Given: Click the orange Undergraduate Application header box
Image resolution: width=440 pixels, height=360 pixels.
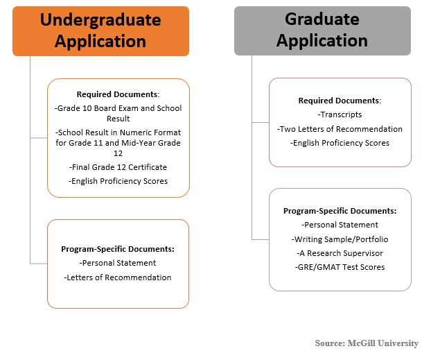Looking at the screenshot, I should pyautogui.click(x=100, y=31).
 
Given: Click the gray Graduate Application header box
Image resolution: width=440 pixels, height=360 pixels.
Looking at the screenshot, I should pyautogui.click(x=322, y=31).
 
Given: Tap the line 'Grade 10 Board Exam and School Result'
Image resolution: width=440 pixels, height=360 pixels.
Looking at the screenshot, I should pyautogui.click(x=118, y=113).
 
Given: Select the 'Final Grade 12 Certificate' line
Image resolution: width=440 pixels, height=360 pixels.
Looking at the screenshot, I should pyautogui.click(x=118, y=167).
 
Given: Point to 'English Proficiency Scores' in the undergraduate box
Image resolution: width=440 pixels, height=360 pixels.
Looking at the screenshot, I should pyautogui.click(x=118, y=181).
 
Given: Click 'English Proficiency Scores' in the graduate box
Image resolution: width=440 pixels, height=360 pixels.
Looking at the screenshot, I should pyautogui.click(x=340, y=143).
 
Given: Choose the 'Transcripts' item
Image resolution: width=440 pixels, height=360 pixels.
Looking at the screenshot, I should pyautogui.click(x=340, y=114).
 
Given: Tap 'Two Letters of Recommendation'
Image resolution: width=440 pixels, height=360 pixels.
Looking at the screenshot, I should pyautogui.click(x=340, y=129).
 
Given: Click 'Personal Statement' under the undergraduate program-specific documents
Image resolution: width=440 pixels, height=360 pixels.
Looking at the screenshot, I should pyautogui.click(x=118, y=263).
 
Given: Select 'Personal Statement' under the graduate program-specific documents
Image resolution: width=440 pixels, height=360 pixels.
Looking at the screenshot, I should pyautogui.click(x=340, y=225).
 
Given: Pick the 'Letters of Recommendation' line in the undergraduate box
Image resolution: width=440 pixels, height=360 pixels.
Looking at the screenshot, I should pyautogui.click(x=118, y=277).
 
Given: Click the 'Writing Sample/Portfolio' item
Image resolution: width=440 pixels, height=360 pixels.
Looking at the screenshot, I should pyautogui.click(x=340, y=239).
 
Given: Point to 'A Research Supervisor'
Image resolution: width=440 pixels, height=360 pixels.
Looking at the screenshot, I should pyautogui.click(x=340, y=253).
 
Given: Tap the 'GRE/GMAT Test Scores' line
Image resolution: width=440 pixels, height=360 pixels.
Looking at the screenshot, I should pyautogui.click(x=340, y=267).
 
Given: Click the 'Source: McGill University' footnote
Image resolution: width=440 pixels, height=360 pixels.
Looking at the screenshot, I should pyautogui.click(x=367, y=343).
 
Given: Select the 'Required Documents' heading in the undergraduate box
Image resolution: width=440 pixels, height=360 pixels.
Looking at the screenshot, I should pyautogui.click(x=118, y=94).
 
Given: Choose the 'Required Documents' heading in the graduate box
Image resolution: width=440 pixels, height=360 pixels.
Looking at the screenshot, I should pyautogui.click(x=340, y=101).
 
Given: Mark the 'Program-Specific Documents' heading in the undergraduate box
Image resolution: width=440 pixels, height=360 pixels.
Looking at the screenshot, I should pyautogui.click(x=118, y=248).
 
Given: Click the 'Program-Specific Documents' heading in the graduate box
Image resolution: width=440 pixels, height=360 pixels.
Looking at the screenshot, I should pyautogui.click(x=340, y=211).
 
